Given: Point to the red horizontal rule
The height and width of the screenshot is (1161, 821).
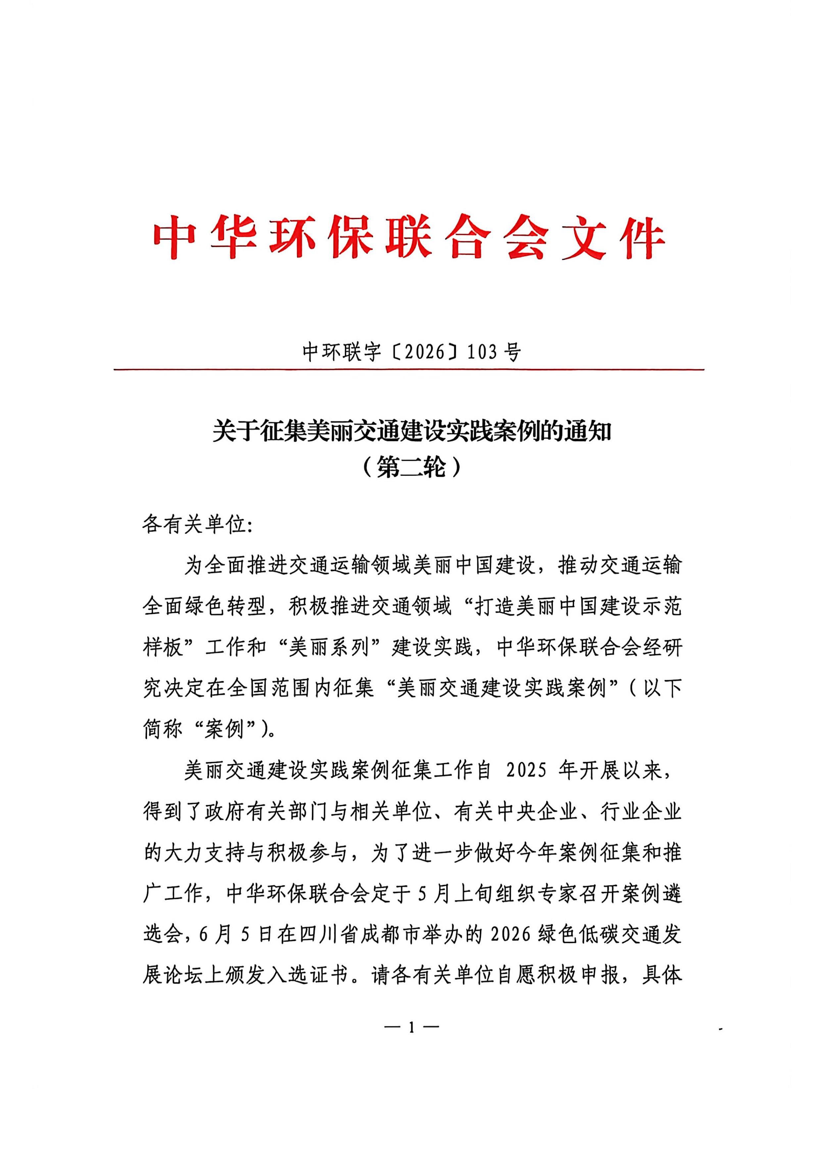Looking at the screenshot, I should pyautogui.click(x=409, y=370).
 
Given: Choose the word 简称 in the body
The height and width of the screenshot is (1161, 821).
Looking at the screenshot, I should pyautogui.click(x=162, y=730).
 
